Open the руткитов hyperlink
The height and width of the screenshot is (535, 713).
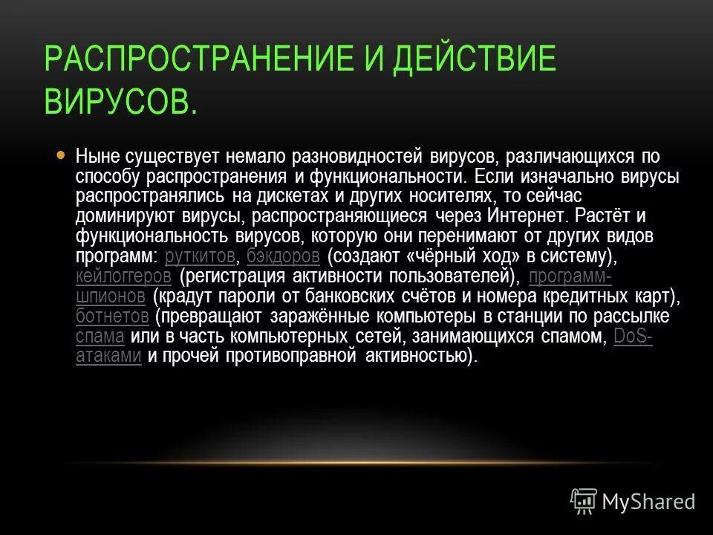click(x=201, y=256)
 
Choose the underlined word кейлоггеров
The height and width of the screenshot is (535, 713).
click(x=124, y=276)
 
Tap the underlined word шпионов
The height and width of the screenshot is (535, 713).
click(x=110, y=296)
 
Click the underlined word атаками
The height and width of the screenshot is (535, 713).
click(x=108, y=357)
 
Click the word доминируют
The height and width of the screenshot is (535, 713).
click(x=125, y=216)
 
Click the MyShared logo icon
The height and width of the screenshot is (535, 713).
click(x=584, y=502)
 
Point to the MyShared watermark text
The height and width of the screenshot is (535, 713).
click(x=648, y=502)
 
